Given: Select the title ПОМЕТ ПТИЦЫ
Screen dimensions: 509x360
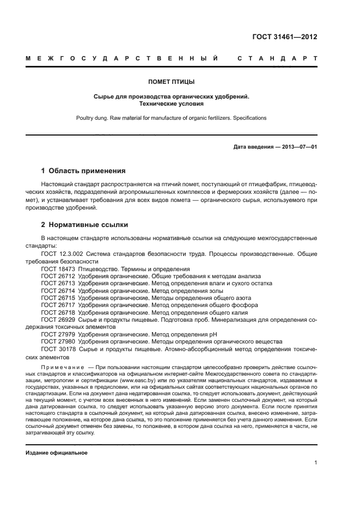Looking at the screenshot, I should coord(179,82).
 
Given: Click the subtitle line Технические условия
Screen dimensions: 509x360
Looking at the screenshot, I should coord(179,103).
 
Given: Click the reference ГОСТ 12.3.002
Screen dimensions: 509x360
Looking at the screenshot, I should coord(62,254).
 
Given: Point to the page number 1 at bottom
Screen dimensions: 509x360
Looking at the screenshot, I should coord(315,463).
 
